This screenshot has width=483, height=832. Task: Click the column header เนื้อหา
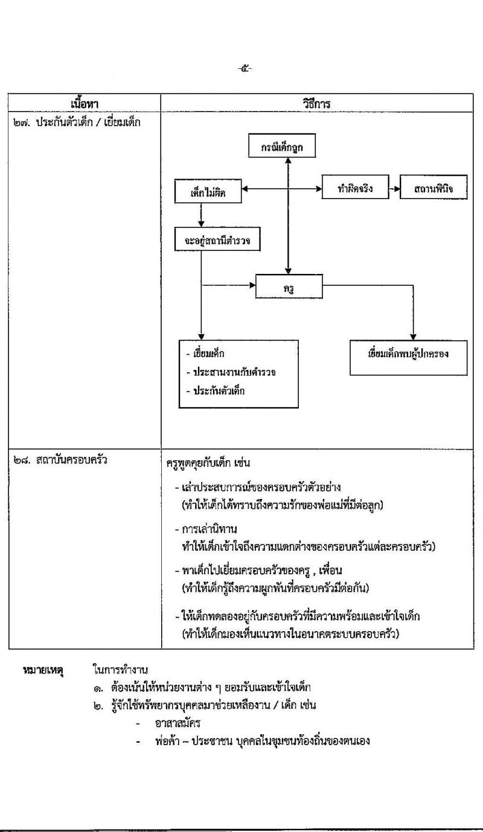click(x=84, y=103)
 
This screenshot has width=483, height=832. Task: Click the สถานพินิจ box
click(x=433, y=189)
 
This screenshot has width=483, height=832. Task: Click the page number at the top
click(x=245, y=68)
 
